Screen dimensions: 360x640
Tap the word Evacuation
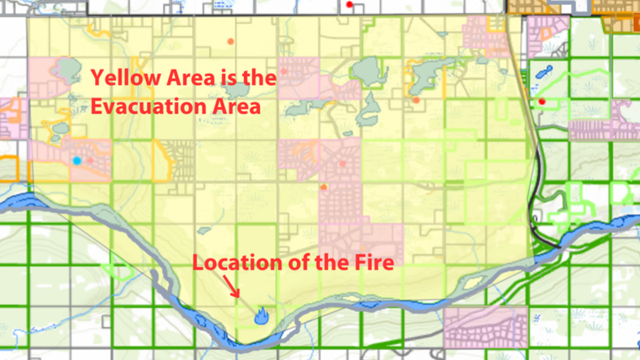(x=151, y=106)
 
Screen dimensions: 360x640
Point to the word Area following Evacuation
(x=238, y=106)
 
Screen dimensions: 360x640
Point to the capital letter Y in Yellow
(x=97, y=78)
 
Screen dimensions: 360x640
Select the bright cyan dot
(x=77, y=160)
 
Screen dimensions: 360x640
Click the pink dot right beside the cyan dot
(x=91, y=160)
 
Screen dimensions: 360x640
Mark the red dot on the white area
(x=349, y=5)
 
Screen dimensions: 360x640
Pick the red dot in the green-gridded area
(x=542, y=101)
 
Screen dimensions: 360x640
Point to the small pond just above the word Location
(x=204, y=230)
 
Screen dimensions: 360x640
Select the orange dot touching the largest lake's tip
(x=416, y=100)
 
